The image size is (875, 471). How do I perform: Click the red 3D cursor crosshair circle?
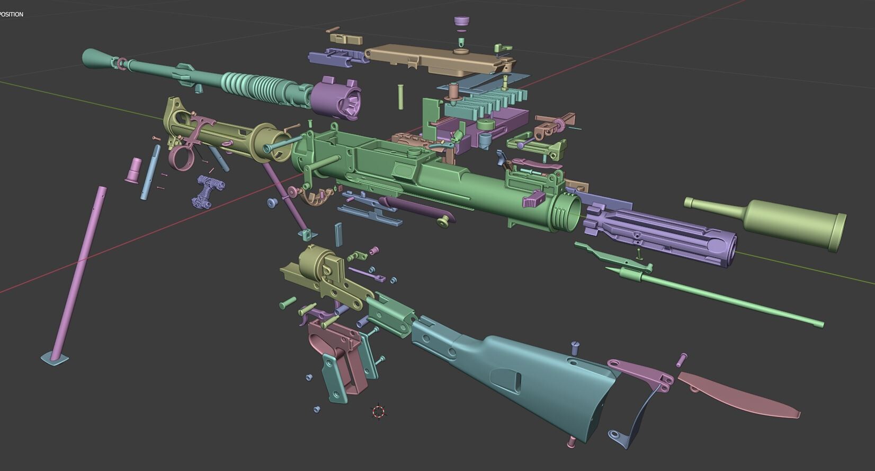pyautogui.click(x=378, y=412)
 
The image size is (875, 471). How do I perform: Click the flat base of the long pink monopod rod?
pyautogui.click(x=55, y=358)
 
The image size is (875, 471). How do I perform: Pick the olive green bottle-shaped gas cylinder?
pyautogui.click(x=784, y=221)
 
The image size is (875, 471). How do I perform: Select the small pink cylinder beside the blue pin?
pyautogui.click(x=134, y=169)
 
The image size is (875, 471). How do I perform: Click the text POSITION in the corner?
pyautogui.click(x=11, y=14)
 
